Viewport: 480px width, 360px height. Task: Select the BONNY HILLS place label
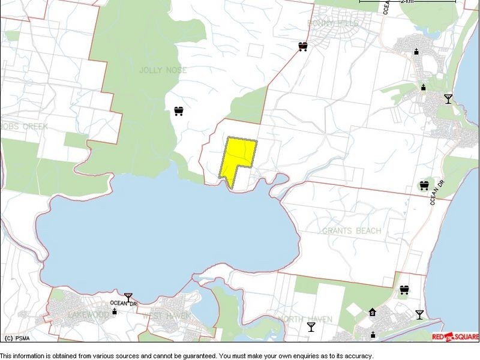(333, 23)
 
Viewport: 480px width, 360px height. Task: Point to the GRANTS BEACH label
(352, 231)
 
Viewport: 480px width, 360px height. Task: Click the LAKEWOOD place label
(88, 315)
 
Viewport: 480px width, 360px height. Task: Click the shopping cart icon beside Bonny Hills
(303, 46)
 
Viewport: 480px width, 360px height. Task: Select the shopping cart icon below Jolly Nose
(178, 111)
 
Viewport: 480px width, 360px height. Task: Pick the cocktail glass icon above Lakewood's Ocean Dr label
(128, 296)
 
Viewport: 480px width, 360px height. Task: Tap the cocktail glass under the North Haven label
(311, 326)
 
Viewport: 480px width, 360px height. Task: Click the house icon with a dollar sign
(372, 312)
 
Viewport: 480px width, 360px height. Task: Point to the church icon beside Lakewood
(114, 311)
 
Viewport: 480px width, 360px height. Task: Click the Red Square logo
(455, 337)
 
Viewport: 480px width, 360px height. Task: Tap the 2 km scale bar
(407, 2)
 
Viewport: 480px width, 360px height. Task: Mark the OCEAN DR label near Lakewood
(124, 304)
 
